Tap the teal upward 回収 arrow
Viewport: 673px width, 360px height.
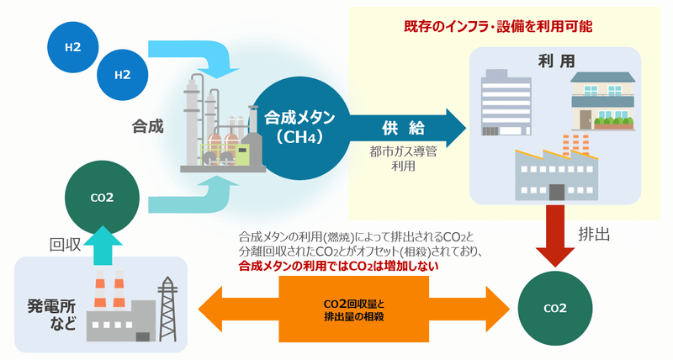coord(102,246)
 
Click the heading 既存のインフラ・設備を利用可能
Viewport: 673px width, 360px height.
coord(498,26)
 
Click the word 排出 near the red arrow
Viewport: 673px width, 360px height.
coord(595,233)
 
